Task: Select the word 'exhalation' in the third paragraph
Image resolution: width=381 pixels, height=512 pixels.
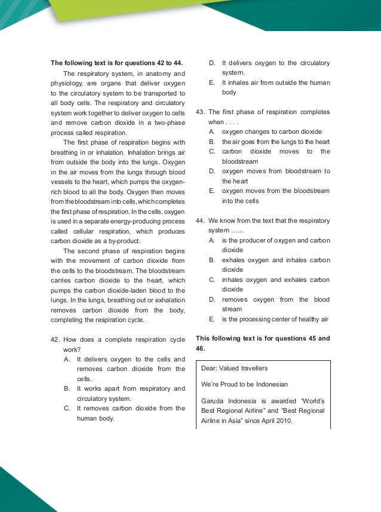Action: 167,300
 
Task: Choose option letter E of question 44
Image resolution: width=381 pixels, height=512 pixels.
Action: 212,319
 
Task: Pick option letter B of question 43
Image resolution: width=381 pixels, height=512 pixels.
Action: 212,142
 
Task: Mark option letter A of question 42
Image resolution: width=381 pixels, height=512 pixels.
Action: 67,359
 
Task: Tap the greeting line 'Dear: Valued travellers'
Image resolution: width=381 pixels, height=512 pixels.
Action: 235,368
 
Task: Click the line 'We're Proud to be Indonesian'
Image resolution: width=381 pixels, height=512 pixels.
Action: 244,384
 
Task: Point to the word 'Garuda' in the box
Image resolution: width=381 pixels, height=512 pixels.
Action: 213,401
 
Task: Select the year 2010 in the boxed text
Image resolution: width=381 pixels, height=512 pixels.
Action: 282,421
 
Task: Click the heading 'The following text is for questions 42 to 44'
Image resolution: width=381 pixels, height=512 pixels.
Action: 116,63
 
